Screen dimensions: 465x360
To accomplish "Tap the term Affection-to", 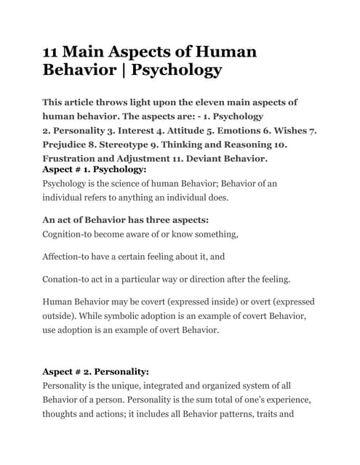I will [x=73, y=256].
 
